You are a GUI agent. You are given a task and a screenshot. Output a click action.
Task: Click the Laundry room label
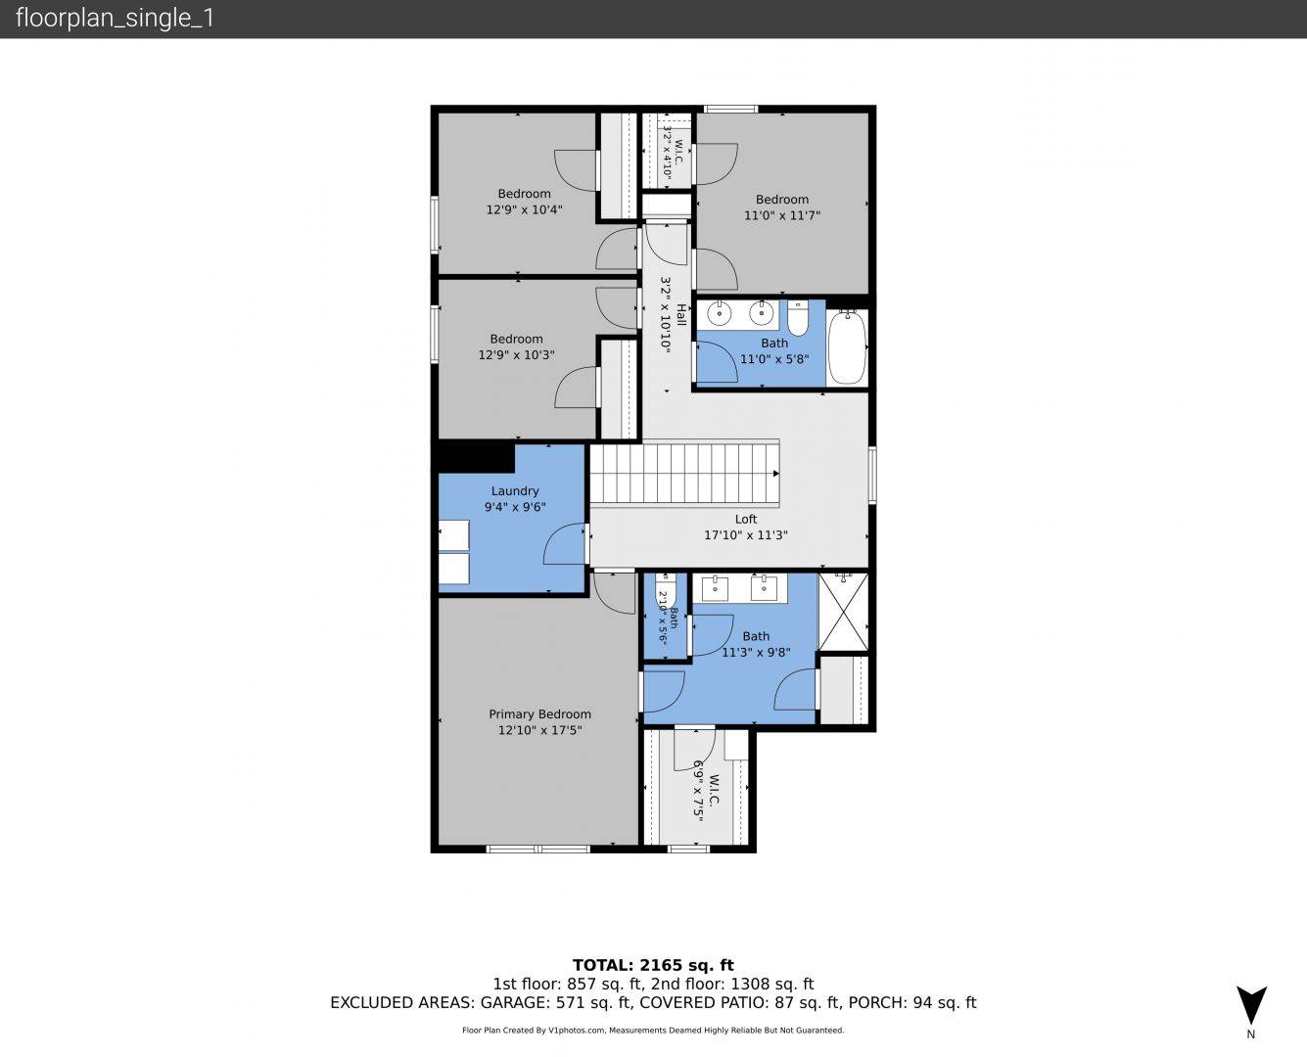pyautogui.click(x=515, y=490)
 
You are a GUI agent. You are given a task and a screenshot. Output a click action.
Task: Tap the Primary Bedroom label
pyautogui.click(x=540, y=714)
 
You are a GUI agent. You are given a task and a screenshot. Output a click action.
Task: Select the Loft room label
pyautogui.click(x=746, y=519)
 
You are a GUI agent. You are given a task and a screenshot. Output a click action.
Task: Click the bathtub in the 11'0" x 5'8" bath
pyautogui.click(x=847, y=347)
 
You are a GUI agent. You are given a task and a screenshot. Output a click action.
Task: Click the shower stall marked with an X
pyautogui.click(x=844, y=612)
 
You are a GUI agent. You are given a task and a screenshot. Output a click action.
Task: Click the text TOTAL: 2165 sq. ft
pyautogui.click(x=653, y=965)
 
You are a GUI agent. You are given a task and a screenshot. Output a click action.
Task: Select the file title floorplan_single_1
pyautogui.click(x=115, y=18)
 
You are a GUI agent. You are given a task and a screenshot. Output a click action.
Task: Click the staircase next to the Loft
pyautogui.click(x=684, y=473)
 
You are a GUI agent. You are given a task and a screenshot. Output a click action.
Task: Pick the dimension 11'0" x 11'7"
pyautogui.click(x=781, y=215)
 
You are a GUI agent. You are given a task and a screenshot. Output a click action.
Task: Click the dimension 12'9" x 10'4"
pyautogui.click(x=524, y=209)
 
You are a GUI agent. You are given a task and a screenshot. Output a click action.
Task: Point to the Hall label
pyautogui.click(x=681, y=315)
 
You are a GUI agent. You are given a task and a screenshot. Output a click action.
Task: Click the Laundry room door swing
pyautogui.click(x=564, y=543)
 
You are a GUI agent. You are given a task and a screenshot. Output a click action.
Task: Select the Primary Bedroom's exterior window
pyautogui.click(x=537, y=850)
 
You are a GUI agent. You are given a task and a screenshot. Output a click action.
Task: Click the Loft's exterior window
pyautogui.click(x=872, y=476)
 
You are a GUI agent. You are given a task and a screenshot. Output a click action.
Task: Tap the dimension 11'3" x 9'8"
pyautogui.click(x=756, y=652)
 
